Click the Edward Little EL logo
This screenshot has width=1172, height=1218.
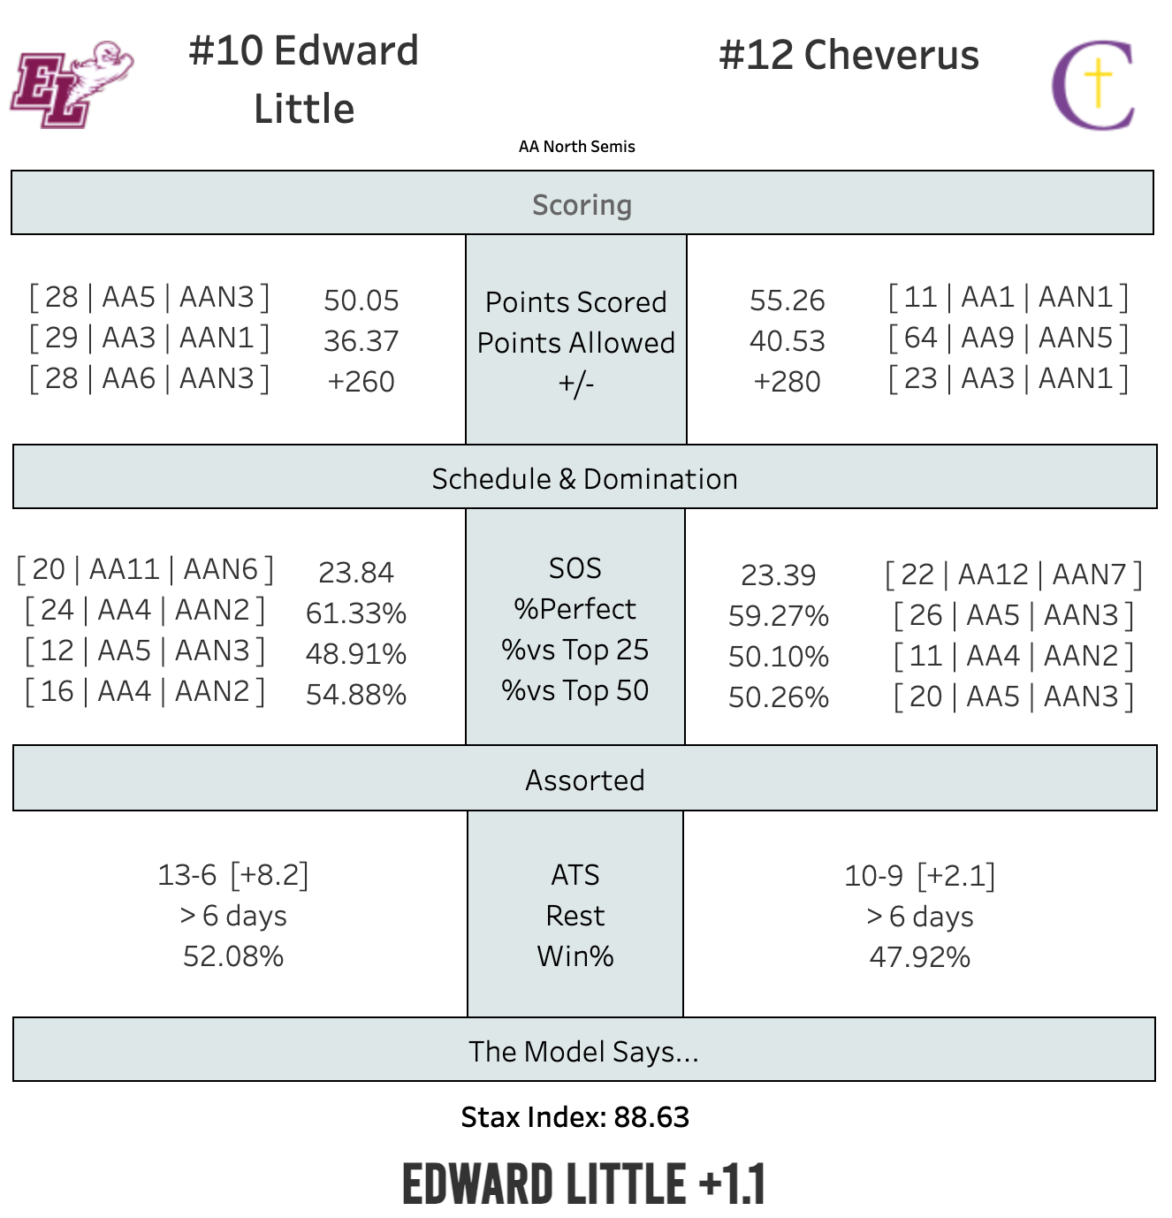(71, 84)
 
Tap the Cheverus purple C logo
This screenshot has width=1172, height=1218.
(1092, 85)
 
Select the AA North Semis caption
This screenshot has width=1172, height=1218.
(576, 147)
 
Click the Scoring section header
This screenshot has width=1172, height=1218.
(582, 204)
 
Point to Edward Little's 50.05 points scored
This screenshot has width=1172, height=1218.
(361, 301)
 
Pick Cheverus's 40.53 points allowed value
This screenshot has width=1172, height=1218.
(787, 341)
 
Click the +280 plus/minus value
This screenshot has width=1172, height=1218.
(787, 382)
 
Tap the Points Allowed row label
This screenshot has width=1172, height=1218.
(575, 343)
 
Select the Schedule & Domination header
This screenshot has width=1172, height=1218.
(584, 478)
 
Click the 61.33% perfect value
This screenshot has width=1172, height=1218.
(355, 613)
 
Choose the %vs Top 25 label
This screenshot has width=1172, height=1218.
(575, 650)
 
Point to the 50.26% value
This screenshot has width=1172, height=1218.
(778, 697)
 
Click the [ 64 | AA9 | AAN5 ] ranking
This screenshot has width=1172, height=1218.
(1008, 338)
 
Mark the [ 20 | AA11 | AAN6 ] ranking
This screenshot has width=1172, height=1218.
(145, 569)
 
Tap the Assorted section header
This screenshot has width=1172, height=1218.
(584, 780)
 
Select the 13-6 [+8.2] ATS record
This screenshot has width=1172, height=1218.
(232, 875)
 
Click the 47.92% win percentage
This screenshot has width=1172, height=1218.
(919, 957)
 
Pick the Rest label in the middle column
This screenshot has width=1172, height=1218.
(575, 916)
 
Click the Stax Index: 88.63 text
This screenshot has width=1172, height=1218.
(575, 1117)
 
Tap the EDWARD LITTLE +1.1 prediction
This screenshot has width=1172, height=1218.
(583, 1184)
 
